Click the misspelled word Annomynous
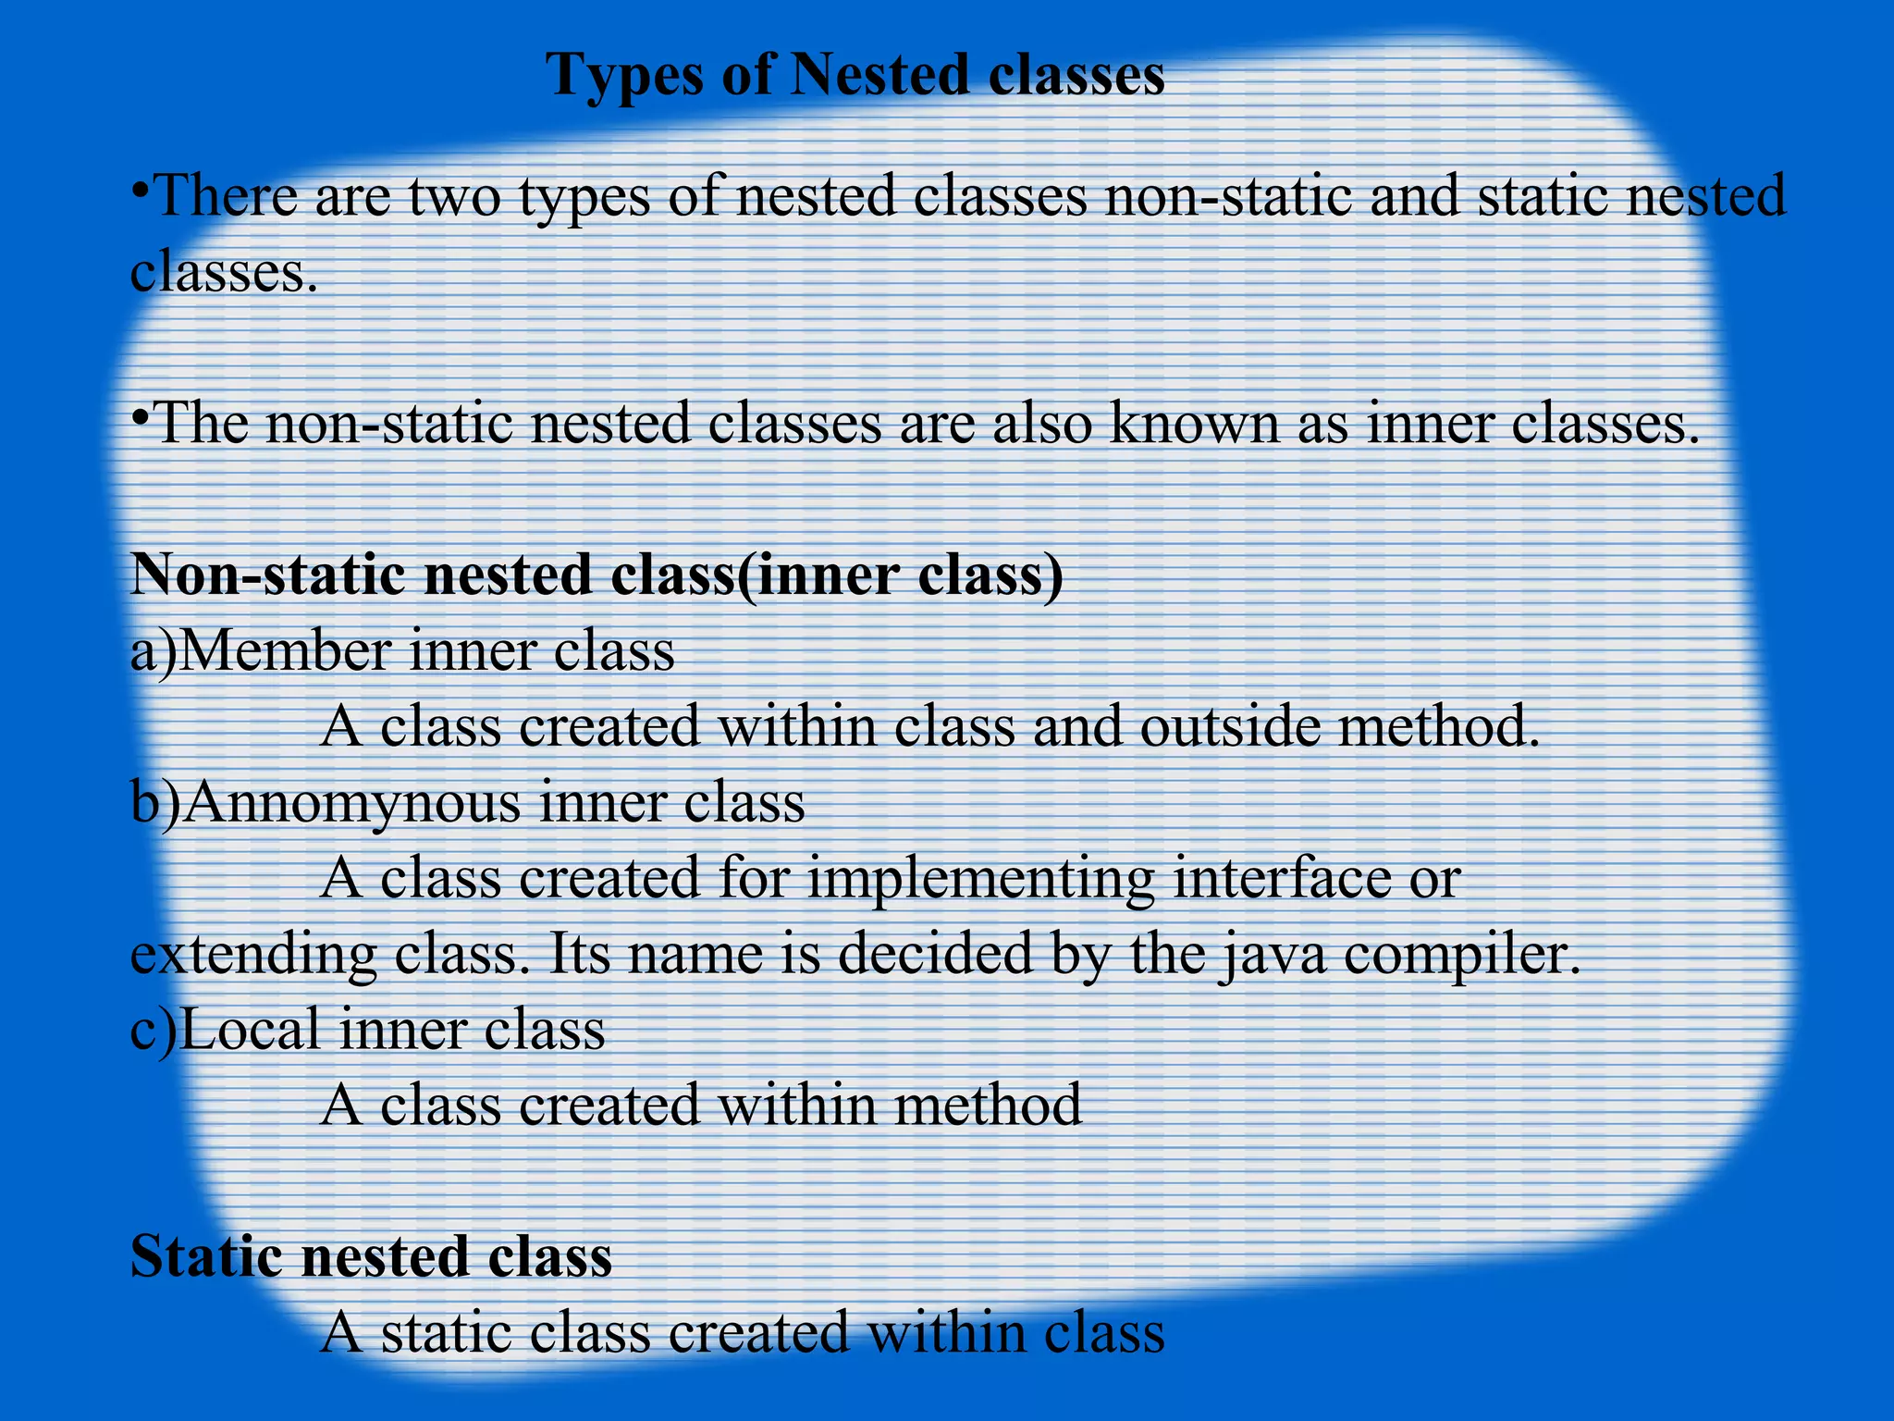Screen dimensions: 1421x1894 pos(355,802)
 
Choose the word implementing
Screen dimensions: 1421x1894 pos(981,879)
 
